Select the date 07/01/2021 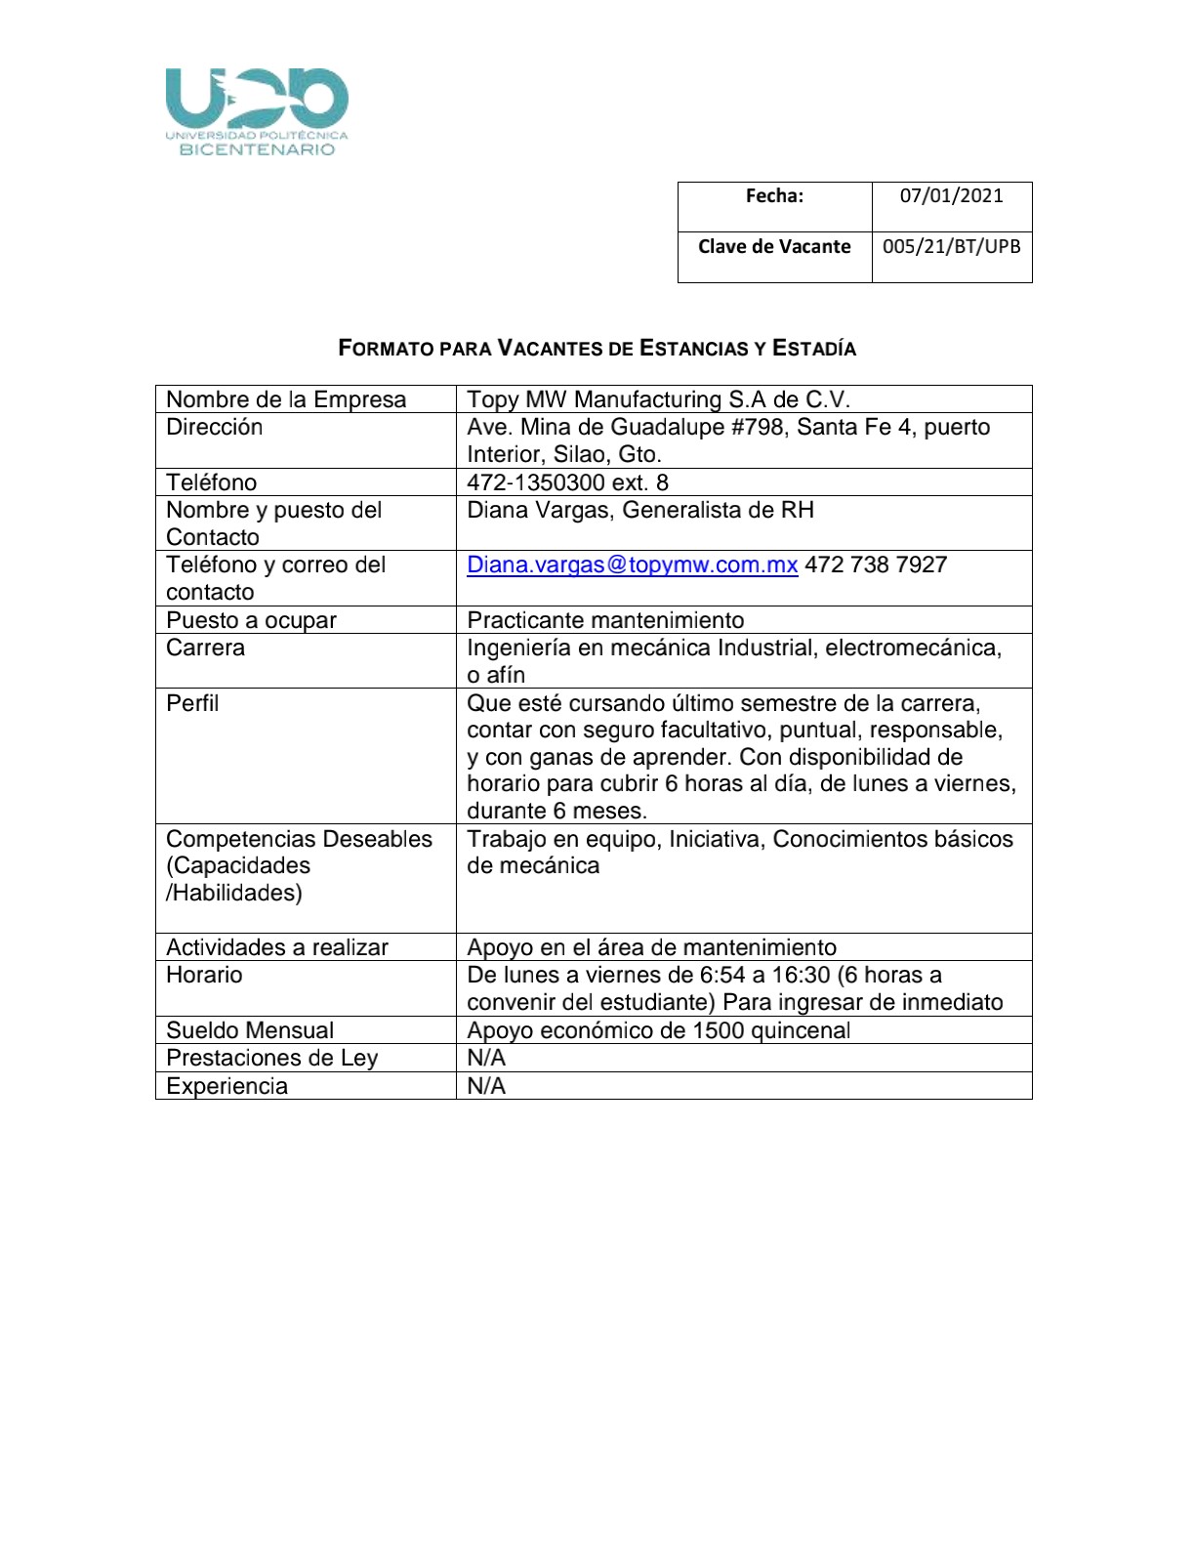951,195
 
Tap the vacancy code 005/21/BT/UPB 951,246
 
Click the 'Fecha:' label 774,195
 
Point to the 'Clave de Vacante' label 774,246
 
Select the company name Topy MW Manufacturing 658,399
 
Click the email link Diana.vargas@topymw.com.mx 632,564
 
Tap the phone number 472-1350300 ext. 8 567,482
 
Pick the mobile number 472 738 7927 876,564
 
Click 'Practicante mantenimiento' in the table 605,620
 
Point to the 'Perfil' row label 192,703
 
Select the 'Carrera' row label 205,648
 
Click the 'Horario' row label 204,975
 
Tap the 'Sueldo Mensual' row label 250,1030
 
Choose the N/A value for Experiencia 486,1086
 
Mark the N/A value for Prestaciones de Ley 486,1058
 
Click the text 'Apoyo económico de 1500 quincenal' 658,1030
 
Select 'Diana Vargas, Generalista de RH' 639,510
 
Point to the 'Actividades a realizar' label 277,947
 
